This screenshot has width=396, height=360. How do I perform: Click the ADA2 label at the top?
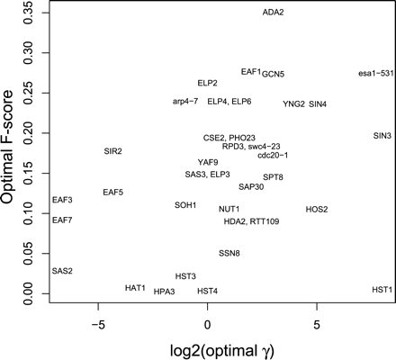click(273, 13)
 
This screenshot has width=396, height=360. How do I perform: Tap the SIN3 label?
click(382, 136)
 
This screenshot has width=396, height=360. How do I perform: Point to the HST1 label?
click(382, 290)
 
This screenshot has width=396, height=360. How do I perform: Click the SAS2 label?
click(62, 271)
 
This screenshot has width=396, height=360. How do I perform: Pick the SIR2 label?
click(112, 151)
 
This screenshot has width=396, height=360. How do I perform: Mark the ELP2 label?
click(208, 83)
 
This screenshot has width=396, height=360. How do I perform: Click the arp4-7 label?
click(187, 102)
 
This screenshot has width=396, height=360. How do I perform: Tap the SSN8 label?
click(229, 254)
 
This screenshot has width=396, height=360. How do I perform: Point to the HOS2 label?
click(317, 210)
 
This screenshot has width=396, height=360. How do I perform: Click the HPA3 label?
click(164, 292)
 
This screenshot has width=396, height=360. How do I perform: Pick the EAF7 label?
click(62, 220)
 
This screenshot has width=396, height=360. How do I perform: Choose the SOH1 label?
click(185, 205)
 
